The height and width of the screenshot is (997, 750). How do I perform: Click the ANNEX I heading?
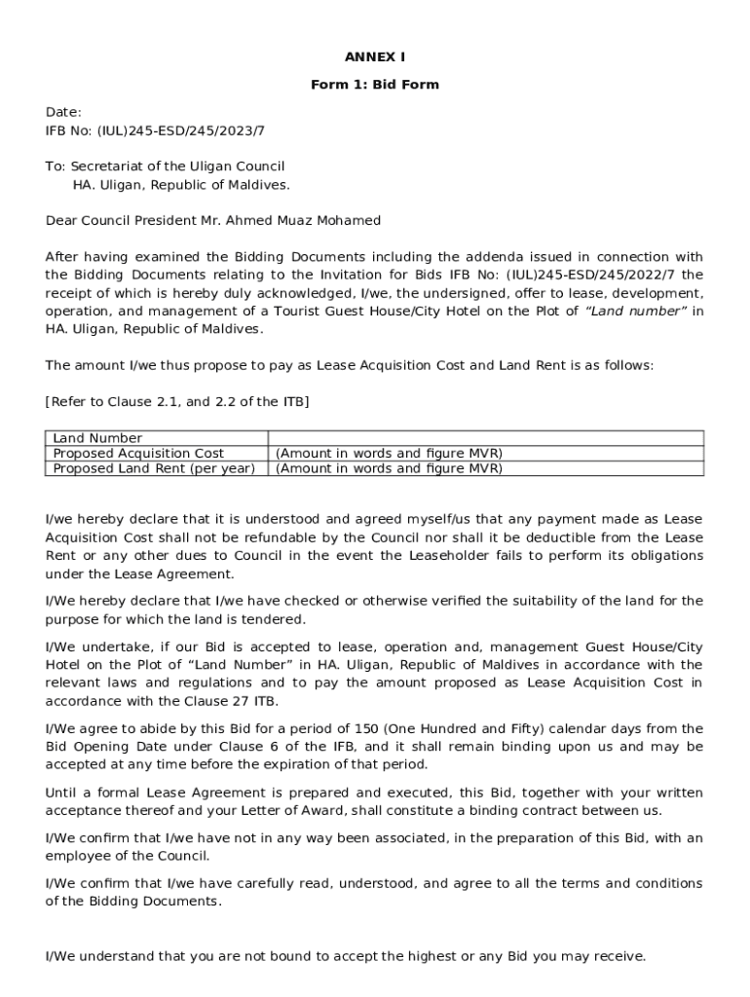(375, 57)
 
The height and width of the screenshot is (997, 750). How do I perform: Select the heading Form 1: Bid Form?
(375, 85)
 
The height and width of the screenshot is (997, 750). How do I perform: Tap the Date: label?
(63, 112)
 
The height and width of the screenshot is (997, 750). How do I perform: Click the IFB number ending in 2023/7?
(155, 129)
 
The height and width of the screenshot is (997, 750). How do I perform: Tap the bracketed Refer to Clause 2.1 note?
(177, 401)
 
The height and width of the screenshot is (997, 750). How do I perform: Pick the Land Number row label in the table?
(97, 438)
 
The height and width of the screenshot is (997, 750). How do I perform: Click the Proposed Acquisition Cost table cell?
(138, 453)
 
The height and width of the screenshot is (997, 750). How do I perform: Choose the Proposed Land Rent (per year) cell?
(154, 468)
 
